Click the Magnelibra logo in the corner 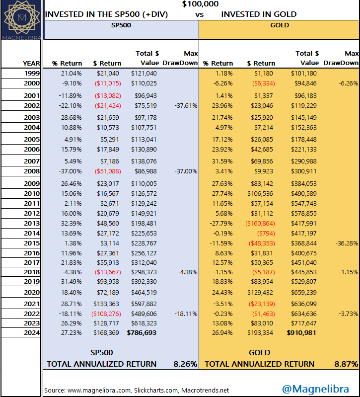[21, 20]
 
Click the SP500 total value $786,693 [142, 333]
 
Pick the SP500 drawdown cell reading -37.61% [186, 105]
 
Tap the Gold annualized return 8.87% [346, 364]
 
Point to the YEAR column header [31, 63]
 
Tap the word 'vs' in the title [199, 14]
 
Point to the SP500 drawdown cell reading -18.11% [186, 314]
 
